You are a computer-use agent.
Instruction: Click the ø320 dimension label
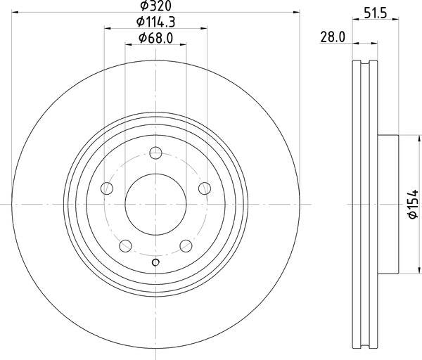click(x=155, y=6)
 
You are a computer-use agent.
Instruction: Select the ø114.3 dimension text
click(x=155, y=22)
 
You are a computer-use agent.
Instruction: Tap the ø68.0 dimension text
click(x=155, y=38)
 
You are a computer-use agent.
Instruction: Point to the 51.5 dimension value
click(x=376, y=13)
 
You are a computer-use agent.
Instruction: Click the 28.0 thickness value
click(x=333, y=37)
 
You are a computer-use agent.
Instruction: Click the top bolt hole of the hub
click(x=155, y=153)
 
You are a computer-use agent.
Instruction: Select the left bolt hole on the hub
click(x=107, y=188)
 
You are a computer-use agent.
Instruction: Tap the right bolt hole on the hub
click(x=205, y=188)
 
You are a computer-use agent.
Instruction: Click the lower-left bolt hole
click(x=125, y=246)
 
